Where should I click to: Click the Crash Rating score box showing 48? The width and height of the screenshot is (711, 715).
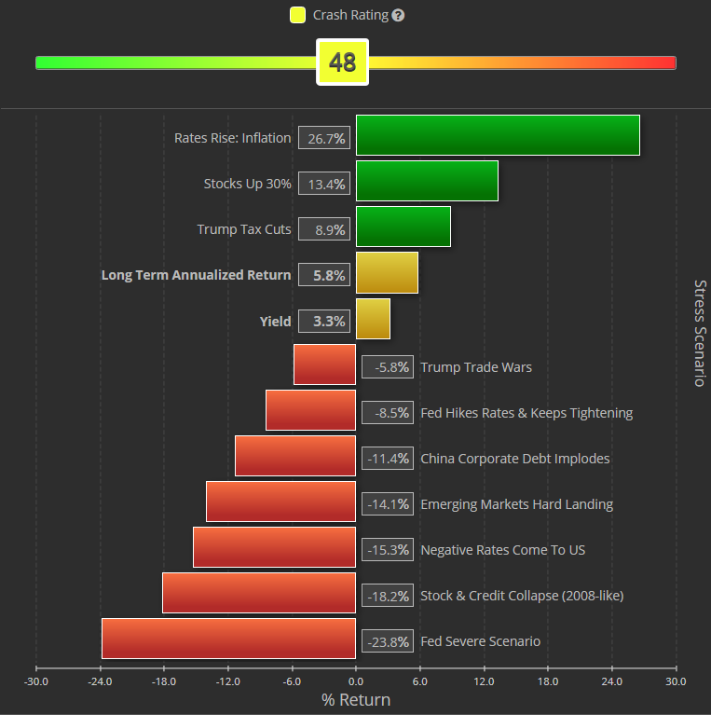(343, 62)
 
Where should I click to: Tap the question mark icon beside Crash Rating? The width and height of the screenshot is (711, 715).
(399, 16)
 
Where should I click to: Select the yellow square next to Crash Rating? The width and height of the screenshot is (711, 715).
(297, 15)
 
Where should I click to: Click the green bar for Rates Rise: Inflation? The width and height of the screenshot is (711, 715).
(498, 135)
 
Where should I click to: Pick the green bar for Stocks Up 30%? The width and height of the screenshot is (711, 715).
(427, 181)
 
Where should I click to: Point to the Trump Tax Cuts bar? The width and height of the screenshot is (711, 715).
(403, 227)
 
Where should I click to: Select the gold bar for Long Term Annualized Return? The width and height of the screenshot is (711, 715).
(387, 272)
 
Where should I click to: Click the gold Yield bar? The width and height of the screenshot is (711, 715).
(373, 318)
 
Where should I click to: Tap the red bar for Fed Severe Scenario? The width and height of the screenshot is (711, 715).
(228, 639)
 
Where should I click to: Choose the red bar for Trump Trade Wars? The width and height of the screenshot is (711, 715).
(324, 364)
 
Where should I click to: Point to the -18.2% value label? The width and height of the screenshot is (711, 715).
(387, 596)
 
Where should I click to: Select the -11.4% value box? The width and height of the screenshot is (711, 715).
(387, 459)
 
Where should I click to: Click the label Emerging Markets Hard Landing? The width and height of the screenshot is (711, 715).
(516, 504)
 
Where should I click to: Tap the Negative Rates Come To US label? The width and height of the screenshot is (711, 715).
(502, 550)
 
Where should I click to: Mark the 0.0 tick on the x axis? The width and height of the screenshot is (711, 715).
(355, 681)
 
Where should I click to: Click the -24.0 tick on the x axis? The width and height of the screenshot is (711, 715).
(100, 681)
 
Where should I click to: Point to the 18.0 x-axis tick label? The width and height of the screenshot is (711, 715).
(548, 681)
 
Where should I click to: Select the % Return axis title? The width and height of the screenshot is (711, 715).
(356, 700)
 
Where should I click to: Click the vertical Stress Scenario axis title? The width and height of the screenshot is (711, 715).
(700, 333)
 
